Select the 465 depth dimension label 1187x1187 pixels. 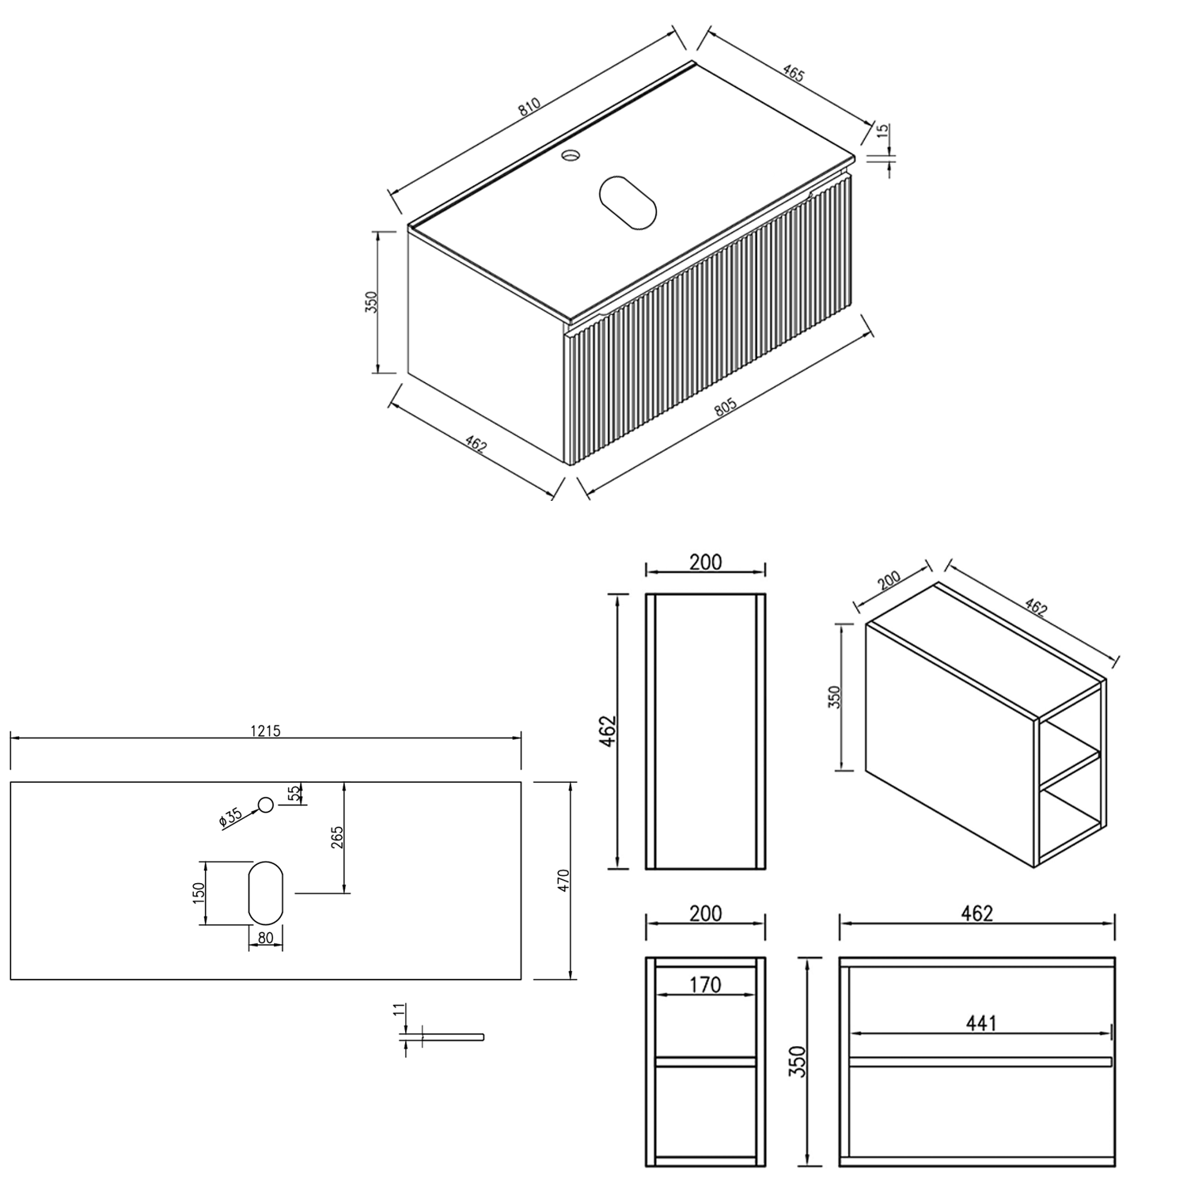pos(793,74)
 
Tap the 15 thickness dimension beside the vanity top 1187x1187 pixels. pos(883,131)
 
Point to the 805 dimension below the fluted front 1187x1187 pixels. pos(725,407)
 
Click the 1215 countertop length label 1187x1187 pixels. pos(266,730)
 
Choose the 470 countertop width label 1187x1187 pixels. pos(563,880)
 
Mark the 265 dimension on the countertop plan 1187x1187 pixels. pos(336,836)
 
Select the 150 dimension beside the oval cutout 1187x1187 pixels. pos(199,892)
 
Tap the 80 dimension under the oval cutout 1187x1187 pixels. pos(266,938)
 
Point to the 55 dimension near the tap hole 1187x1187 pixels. pos(294,793)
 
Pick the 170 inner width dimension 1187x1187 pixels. pos(705,984)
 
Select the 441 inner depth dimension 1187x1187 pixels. pos(980,1023)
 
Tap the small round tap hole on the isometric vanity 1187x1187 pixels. pos(569,156)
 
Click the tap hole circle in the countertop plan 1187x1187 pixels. pos(266,805)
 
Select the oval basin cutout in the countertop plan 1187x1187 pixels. pos(266,892)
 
